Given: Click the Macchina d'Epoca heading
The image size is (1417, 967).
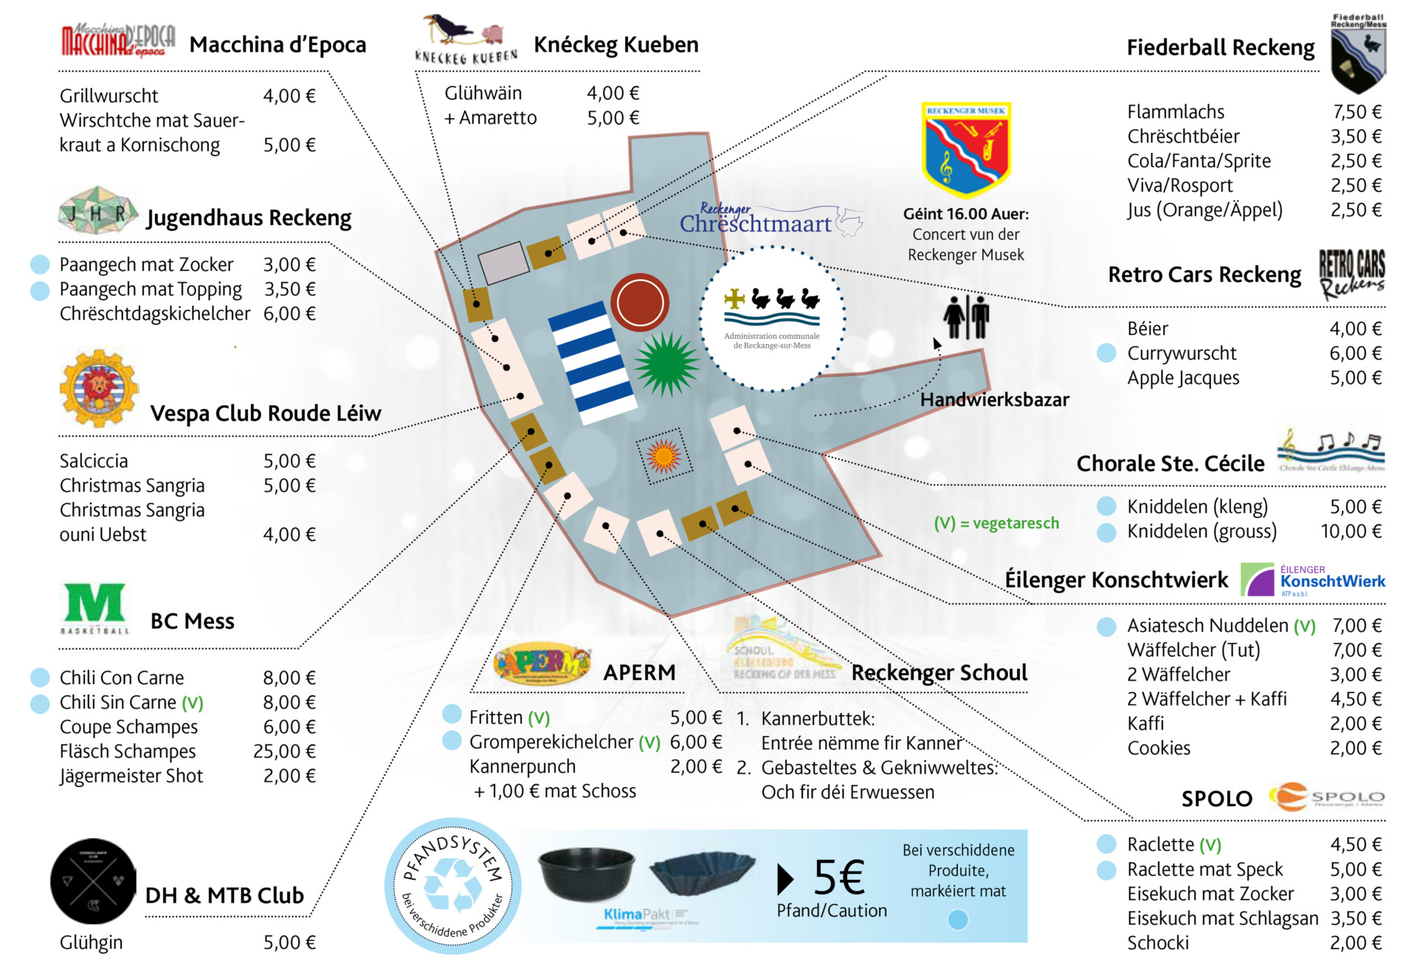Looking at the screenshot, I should point(277,45).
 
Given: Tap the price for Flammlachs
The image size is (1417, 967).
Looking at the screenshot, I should point(1356,112).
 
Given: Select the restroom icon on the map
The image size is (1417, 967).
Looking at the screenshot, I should point(966,317).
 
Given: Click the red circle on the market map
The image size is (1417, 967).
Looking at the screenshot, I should point(639,302).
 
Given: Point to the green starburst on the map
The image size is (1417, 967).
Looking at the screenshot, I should point(666,363).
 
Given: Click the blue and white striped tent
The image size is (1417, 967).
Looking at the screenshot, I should point(593,362).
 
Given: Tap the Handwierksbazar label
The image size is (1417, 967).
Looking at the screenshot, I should point(994,400).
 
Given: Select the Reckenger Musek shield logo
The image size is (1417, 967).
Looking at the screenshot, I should point(966,150).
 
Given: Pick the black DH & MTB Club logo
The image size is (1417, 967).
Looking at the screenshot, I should point(94,881).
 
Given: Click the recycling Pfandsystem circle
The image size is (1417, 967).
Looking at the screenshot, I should point(452,885).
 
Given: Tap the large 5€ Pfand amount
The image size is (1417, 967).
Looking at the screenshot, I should point(838,878).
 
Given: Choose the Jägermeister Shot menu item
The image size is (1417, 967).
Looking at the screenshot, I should point(131,777).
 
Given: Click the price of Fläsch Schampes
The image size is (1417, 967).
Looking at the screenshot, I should point(284,751).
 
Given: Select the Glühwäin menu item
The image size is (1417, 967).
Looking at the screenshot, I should point(483,94).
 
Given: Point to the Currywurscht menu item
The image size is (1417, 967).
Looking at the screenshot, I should point(1182,354).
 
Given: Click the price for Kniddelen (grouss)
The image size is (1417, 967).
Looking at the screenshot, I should point(1351,531).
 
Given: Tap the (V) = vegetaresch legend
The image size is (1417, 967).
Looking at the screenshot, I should point(996,523).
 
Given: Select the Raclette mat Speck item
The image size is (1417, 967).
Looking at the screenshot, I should point(1204,870).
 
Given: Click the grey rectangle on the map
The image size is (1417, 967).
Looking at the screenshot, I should point(503,263).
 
